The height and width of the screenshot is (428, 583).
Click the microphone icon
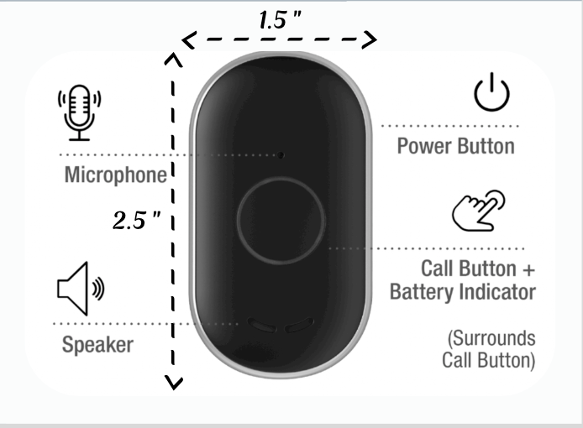[x=79, y=112]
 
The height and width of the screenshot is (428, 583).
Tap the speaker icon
[x=81, y=289]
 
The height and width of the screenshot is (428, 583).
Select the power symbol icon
[x=491, y=92]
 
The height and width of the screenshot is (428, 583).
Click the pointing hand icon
[x=479, y=211]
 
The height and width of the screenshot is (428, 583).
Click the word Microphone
[x=116, y=175]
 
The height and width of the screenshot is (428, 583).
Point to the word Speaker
[x=97, y=344]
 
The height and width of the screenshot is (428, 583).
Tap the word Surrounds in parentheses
[x=491, y=338]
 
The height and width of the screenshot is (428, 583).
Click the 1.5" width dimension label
[x=280, y=19]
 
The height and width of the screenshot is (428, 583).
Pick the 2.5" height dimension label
[x=136, y=220]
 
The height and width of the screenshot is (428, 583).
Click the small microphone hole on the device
[x=281, y=155]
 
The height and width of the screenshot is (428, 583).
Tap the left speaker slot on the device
[x=262, y=325]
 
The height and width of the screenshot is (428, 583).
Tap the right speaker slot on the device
[x=299, y=325]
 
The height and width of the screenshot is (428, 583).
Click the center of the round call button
[x=281, y=221]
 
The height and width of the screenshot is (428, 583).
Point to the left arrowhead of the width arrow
[x=188, y=39]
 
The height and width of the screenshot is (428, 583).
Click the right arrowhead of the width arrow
[x=370, y=39]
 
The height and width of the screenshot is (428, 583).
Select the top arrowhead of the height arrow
[x=173, y=60]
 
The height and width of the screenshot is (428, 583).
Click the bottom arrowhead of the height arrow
[x=174, y=383]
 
